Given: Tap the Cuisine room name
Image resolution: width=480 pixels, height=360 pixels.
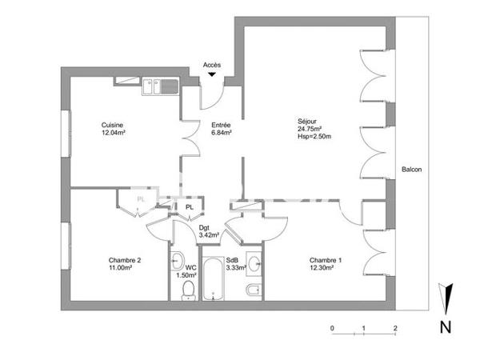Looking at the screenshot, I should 112,125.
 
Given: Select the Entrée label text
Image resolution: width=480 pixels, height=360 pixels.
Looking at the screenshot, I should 221,125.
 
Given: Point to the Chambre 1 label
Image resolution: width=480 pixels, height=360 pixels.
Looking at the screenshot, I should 326,260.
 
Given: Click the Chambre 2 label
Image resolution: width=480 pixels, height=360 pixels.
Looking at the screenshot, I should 125,260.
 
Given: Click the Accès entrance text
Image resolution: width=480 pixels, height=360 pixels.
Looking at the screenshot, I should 212,65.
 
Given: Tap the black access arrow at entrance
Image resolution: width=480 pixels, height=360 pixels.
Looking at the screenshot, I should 212,75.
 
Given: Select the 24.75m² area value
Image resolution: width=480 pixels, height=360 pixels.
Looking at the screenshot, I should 309,130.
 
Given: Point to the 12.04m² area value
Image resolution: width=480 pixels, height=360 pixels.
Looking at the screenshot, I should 114,133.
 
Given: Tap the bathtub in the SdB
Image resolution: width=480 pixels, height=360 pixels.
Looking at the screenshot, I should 214,279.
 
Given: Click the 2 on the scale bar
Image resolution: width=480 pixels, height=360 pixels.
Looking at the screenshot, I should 395,329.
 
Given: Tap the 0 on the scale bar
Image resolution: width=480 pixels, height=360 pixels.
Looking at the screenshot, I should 332,329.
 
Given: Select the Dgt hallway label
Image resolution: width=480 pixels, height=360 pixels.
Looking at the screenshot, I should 205,227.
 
